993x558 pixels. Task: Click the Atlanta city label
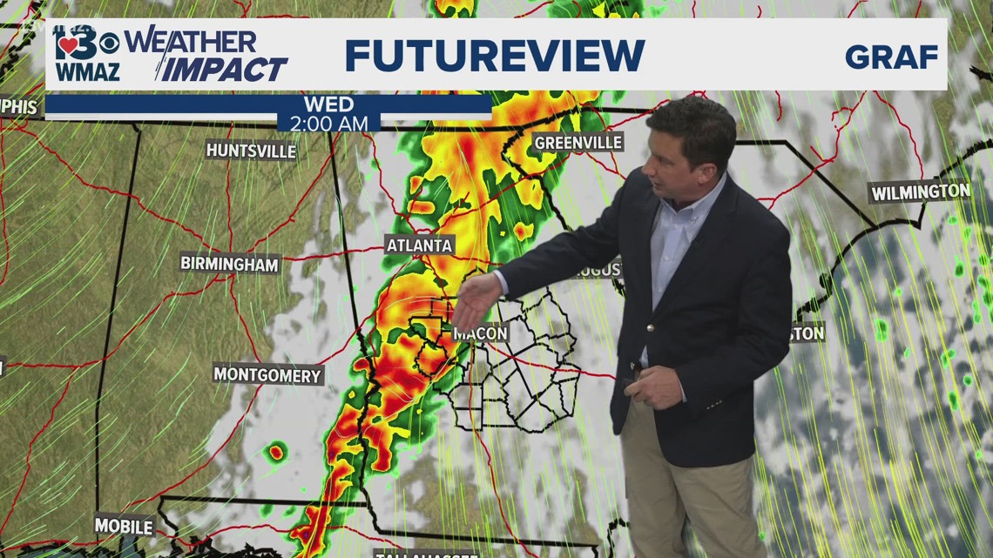pyautogui.click(x=420, y=245)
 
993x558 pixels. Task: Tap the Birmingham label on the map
pyautogui.click(x=230, y=263)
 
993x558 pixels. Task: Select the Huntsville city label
pyautogui.click(x=251, y=150)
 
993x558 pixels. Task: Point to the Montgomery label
pyautogui.click(x=267, y=375)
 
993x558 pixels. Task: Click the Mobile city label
pyautogui.click(x=124, y=526)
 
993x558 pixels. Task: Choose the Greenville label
pyautogui.click(x=578, y=142)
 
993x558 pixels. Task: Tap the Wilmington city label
pyautogui.click(x=920, y=192)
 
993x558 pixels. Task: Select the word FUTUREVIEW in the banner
pyautogui.click(x=495, y=56)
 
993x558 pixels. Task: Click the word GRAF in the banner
pyautogui.click(x=891, y=57)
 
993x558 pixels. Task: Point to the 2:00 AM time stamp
pyautogui.click(x=329, y=124)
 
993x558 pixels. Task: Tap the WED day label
pyautogui.click(x=328, y=105)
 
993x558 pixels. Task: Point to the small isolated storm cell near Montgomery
pyautogui.click(x=277, y=451)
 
